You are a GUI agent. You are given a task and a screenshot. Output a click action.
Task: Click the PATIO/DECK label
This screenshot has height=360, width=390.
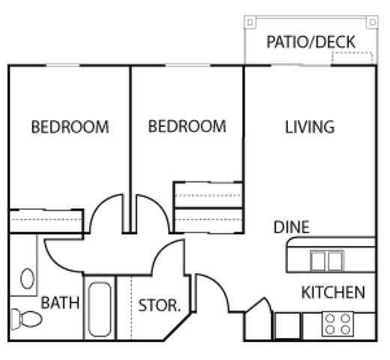[310, 42]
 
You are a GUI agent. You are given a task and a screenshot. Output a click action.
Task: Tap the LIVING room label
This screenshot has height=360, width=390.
[310, 127]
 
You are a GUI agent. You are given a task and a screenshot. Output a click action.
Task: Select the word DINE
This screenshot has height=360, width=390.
[292, 227]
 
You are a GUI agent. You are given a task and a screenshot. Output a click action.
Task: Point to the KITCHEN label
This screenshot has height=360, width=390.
[333, 292]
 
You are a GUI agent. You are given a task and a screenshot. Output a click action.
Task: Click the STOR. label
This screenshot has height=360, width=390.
[159, 305]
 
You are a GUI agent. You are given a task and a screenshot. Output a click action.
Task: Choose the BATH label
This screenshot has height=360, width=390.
[60, 303]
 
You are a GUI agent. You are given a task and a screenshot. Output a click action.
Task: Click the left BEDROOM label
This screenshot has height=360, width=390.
[70, 127]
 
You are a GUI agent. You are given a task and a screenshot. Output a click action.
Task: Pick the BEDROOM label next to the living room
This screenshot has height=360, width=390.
[187, 126]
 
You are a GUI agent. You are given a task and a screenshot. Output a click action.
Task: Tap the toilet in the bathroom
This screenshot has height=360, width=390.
[27, 319]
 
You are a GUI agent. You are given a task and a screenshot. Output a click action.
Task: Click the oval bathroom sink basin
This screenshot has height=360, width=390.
[28, 278]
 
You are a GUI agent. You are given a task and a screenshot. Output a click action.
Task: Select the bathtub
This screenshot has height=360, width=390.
[100, 310]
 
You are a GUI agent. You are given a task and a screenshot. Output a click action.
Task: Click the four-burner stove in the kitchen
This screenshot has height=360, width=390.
[337, 324]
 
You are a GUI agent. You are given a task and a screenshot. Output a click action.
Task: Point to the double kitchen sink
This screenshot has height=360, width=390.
[327, 261]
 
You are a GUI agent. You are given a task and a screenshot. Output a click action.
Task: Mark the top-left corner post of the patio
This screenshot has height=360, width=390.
[250, 22]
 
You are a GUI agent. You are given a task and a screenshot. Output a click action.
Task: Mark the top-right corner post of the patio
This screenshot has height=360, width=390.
[372, 22]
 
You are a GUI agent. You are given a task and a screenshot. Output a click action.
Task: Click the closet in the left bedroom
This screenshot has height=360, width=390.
[46, 220]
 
